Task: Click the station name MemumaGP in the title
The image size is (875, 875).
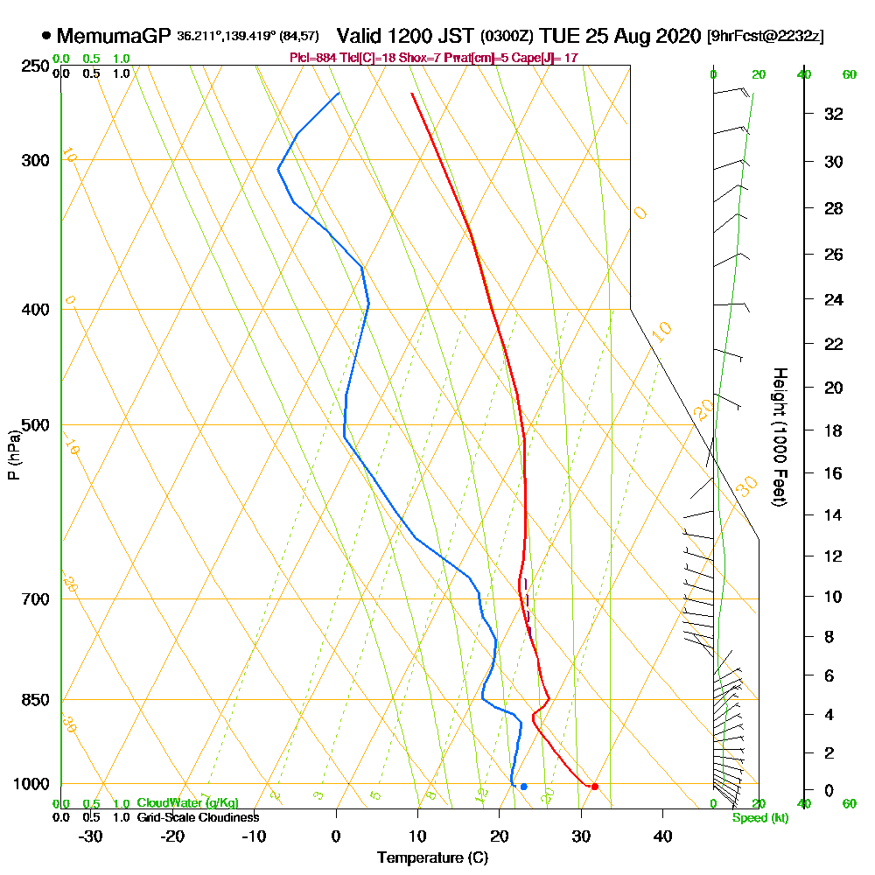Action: click(x=113, y=36)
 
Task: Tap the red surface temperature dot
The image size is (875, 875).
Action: click(x=595, y=787)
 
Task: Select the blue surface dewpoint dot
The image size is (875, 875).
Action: click(x=523, y=787)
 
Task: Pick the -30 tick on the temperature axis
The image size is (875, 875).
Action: click(x=91, y=835)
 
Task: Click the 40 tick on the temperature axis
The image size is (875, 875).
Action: click(x=662, y=835)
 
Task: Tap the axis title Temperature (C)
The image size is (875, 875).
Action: click(x=432, y=857)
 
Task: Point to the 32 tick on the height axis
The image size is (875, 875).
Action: click(x=834, y=114)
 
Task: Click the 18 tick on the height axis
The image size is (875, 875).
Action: click(x=834, y=430)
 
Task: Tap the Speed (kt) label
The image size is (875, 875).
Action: click(x=760, y=817)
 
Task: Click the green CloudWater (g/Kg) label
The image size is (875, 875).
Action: click(x=187, y=803)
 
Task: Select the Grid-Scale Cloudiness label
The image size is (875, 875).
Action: click(x=198, y=817)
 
